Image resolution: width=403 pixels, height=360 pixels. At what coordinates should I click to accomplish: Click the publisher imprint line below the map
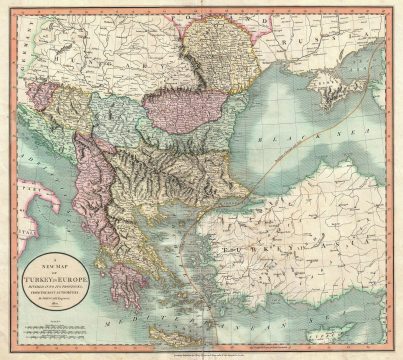201,352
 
